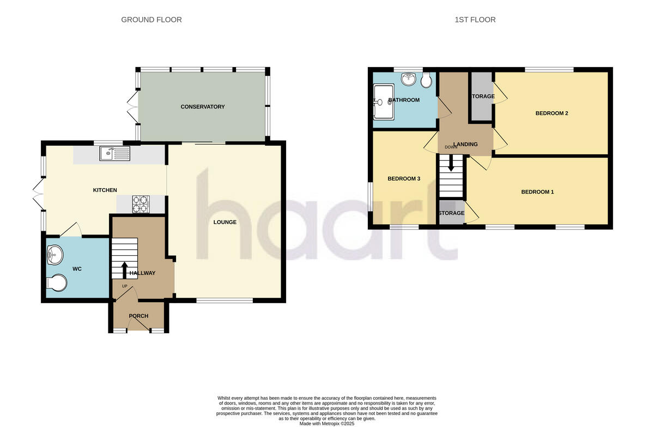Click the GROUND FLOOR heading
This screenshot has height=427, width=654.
click(x=152, y=20)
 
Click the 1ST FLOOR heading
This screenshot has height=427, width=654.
click(x=475, y=20)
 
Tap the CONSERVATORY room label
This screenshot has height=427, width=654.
click(x=203, y=107)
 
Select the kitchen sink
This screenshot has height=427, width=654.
click(x=114, y=154)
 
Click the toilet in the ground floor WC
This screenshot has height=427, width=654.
click(x=57, y=283)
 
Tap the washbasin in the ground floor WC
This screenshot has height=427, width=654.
click(x=55, y=253)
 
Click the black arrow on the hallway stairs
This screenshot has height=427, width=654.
click(x=125, y=269)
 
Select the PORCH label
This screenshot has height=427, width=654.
click(x=138, y=316)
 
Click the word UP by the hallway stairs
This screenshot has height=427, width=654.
click(x=124, y=286)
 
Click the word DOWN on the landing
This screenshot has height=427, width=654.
click(x=451, y=147)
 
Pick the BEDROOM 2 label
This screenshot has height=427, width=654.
click(x=552, y=113)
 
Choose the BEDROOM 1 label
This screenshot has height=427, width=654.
click(x=537, y=192)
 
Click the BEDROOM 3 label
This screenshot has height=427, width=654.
click(x=403, y=179)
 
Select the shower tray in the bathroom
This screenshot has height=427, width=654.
click(x=384, y=101)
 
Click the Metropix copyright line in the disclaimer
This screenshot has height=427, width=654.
click(x=327, y=423)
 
